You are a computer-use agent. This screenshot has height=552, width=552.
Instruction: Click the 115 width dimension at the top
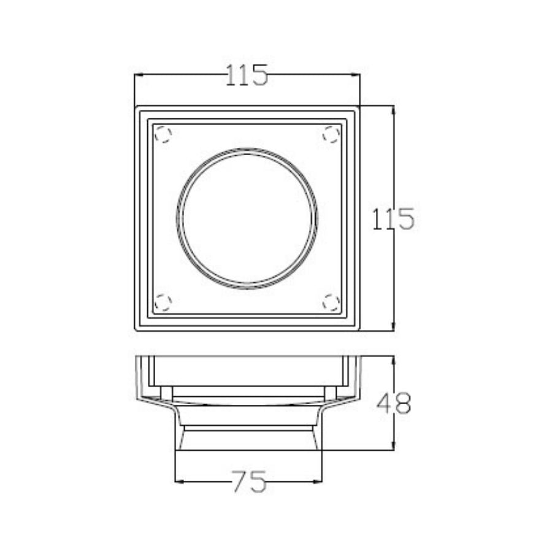(x=247, y=75)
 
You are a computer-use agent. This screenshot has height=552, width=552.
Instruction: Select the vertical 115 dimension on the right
(x=393, y=219)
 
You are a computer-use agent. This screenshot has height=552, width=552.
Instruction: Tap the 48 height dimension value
(x=394, y=404)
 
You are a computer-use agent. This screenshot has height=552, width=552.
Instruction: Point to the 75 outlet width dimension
(x=248, y=481)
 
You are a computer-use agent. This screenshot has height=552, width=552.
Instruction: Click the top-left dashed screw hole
(x=163, y=134)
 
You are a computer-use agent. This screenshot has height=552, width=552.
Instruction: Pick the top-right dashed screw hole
(x=331, y=134)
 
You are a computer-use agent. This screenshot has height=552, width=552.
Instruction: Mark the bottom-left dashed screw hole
(x=163, y=302)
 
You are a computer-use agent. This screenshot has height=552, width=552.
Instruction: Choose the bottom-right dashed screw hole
(x=331, y=302)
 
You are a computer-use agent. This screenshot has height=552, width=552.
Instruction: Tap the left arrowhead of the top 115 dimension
(x=139, y=75)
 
